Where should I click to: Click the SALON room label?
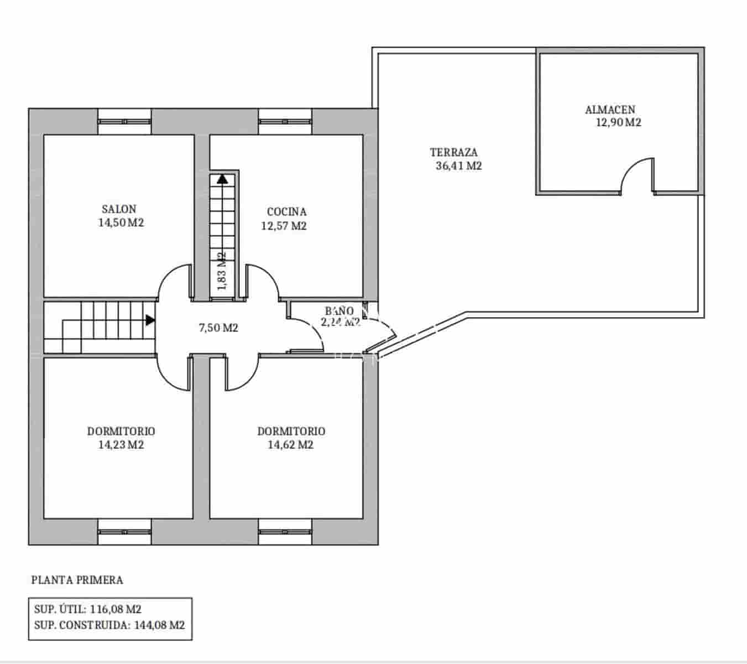tap(119, 209)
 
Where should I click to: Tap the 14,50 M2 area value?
tap(121, 223)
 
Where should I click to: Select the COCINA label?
tap(286, 211)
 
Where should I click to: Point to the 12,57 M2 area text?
tap(284, 226)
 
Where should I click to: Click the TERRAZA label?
tap(453, 152)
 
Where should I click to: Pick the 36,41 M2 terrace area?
tap(459, 165)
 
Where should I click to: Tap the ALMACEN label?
tap(610, 110)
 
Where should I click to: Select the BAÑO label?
tap(338, 311)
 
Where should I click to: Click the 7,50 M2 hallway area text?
tap(218, 328)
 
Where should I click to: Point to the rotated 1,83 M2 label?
tap(222, 271)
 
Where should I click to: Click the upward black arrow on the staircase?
tap(222, 178)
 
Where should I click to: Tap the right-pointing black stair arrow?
tap(150, 319)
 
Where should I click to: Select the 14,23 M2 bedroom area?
tap(121, 445)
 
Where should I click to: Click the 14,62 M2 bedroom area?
tap(291, 445)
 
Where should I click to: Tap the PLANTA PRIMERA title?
tap(77, 580)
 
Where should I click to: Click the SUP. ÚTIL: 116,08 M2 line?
tap(88, 609)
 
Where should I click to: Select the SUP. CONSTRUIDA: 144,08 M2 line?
tap(109, 625)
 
